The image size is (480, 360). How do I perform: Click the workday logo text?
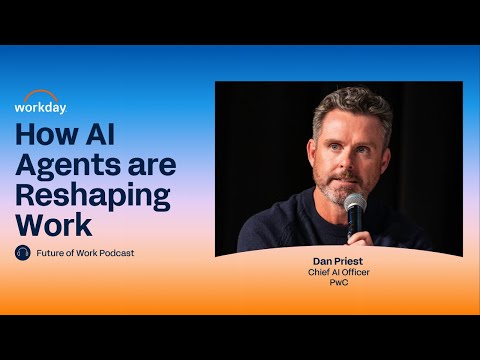coord(40,106)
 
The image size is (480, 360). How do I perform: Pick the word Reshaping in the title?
coord(93,193)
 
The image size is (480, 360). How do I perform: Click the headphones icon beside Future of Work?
coord(23,253)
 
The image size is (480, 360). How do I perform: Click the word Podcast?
coord(116,253)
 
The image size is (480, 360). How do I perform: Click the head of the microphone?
coord(354,203)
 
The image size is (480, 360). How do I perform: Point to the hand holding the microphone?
coord(357,238)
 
